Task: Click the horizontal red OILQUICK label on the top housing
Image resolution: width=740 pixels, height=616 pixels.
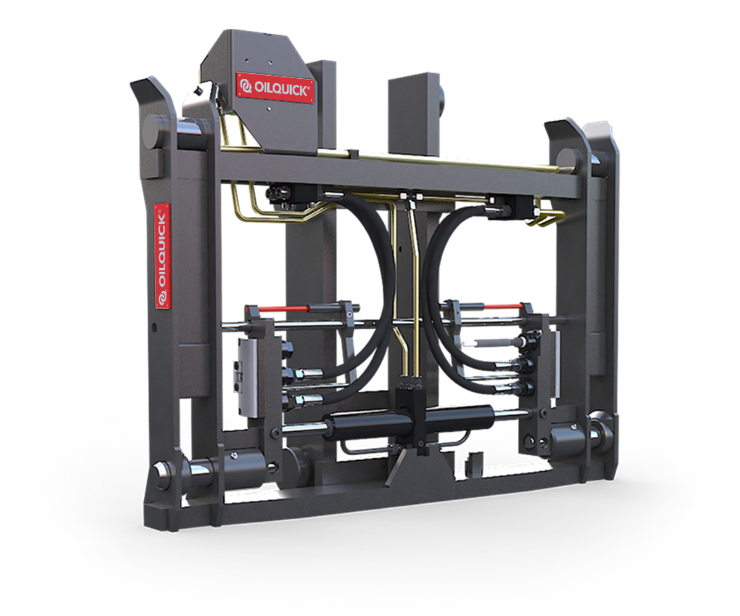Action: [x=276, y=87]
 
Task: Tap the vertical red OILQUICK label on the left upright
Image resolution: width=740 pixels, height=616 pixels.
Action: [x=162, y=254]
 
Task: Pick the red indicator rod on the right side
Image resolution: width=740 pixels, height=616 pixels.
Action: [x=502, y=306]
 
